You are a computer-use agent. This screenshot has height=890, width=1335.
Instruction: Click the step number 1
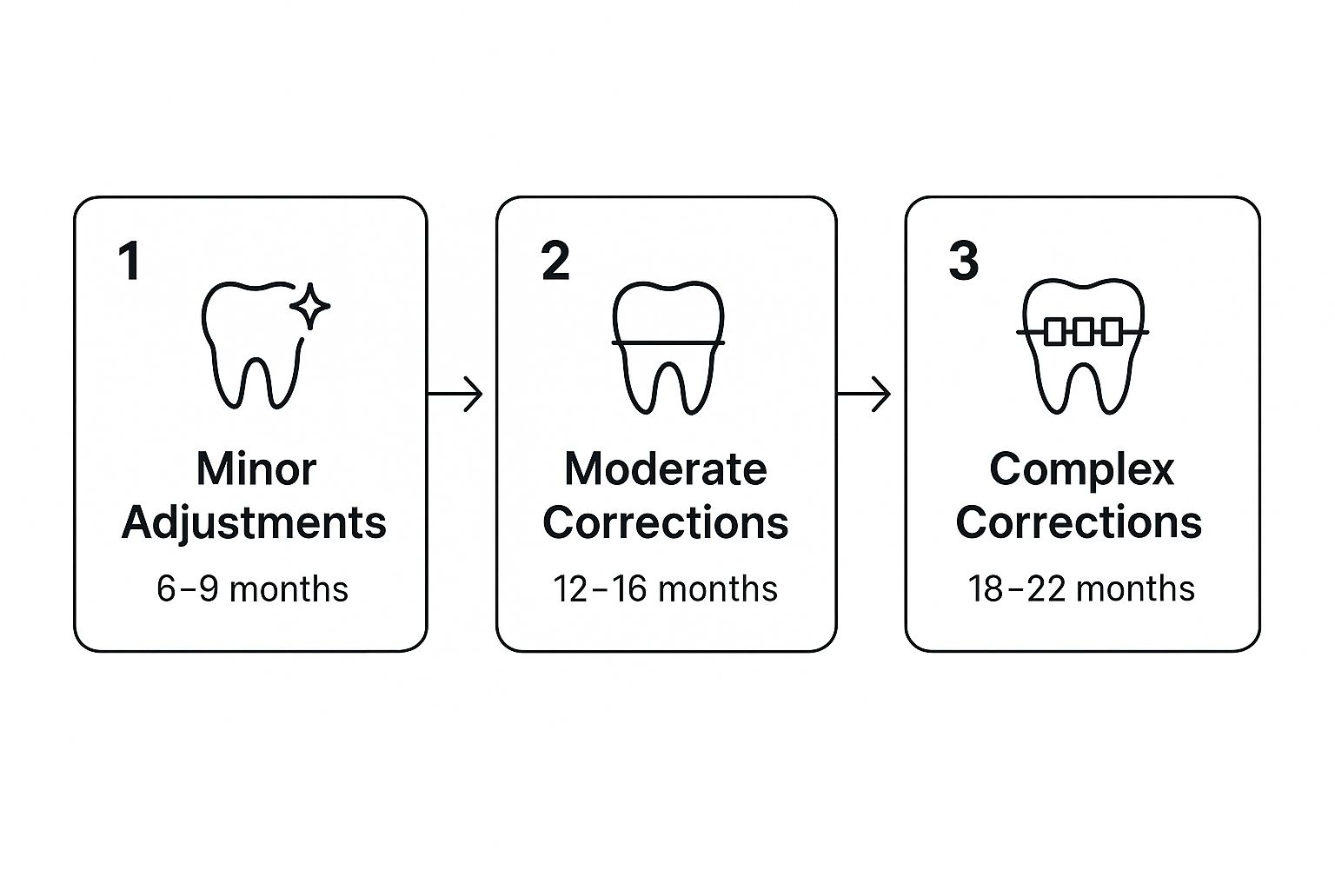[x=130, y=260]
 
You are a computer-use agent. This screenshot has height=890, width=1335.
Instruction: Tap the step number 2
[x=555, y=260]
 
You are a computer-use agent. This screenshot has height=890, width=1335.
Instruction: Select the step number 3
[x=964, y=260]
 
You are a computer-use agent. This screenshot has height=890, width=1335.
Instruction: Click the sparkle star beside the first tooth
[x=310, y=307]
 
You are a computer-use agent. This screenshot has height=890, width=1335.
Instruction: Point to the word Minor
[x=256, y=469]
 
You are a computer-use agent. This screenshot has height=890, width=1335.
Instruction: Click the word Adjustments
[x=254, y=523]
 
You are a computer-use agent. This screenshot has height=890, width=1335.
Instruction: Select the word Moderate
[x=666, y=469]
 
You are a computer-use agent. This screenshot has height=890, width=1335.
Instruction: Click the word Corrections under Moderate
[x=666, y=522]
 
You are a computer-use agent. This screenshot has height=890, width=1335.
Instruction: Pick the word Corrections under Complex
[x=1079, y=522]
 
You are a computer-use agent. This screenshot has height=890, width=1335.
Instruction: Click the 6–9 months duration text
[x=253, y=589]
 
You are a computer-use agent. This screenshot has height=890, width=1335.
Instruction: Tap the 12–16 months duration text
[x=666, y=589]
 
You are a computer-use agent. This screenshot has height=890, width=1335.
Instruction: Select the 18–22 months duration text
[x=1081, y=589]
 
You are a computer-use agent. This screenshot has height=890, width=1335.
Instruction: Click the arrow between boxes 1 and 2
[x=455, y=394]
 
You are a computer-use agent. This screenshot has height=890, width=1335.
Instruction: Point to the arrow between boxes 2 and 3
[x=864, y=394]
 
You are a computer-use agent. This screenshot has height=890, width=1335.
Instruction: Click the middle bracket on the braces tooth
[x=1084, y=331]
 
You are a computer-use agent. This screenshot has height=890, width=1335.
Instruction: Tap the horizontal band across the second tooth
[x=668, y=342]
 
